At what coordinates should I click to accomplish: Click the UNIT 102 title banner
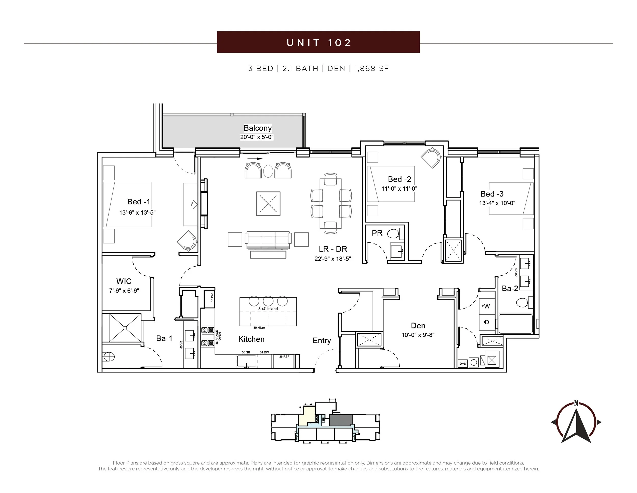[318, 42]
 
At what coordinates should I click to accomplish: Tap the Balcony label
[258, 128]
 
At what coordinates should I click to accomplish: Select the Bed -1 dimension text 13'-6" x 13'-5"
[137, 212]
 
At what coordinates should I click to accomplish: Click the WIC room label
[124, 281]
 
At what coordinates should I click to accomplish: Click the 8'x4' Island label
[268, 309]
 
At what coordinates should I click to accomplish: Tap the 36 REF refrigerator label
[284, 356]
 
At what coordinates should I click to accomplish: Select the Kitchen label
[251, 339]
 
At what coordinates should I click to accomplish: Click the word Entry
[322, 341]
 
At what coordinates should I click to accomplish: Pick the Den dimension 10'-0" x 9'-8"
[418, 335]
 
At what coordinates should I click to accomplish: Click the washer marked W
[487, 306]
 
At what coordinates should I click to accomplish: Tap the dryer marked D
[487, 322]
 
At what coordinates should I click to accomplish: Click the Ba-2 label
[510, 289]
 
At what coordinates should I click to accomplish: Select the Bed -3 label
[492, 194]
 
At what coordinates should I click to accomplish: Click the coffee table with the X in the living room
[268, 204]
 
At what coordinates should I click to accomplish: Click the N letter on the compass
[576, 404]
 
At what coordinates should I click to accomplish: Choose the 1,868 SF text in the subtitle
[371, 69]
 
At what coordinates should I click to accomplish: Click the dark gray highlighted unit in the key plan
[341, 420]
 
